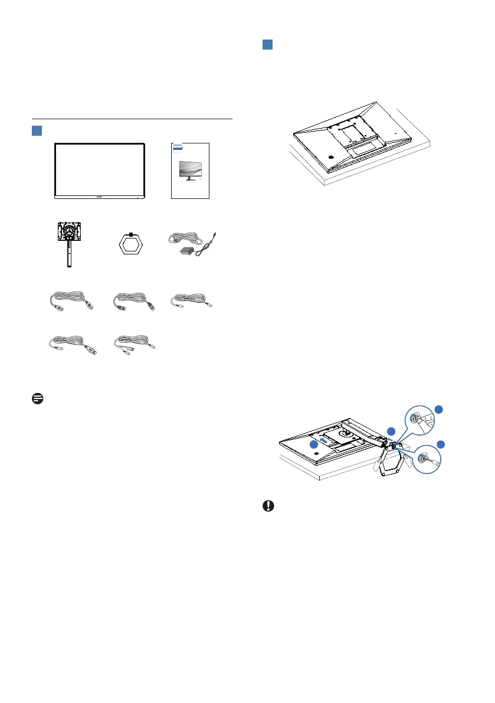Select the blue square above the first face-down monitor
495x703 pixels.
[267, 46]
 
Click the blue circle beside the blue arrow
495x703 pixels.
[314, 444]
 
